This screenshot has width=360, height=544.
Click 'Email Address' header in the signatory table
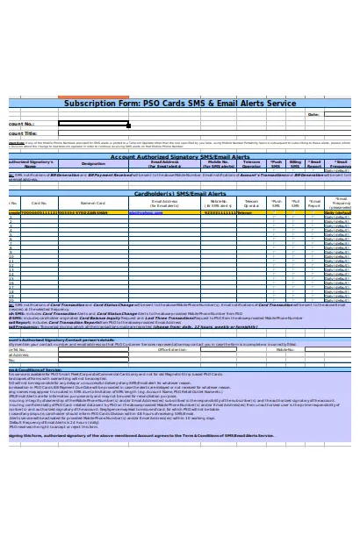pos(165,164)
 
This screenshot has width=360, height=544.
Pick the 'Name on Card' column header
pos(92,203)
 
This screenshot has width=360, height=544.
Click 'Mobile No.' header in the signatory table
pos(220,164)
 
